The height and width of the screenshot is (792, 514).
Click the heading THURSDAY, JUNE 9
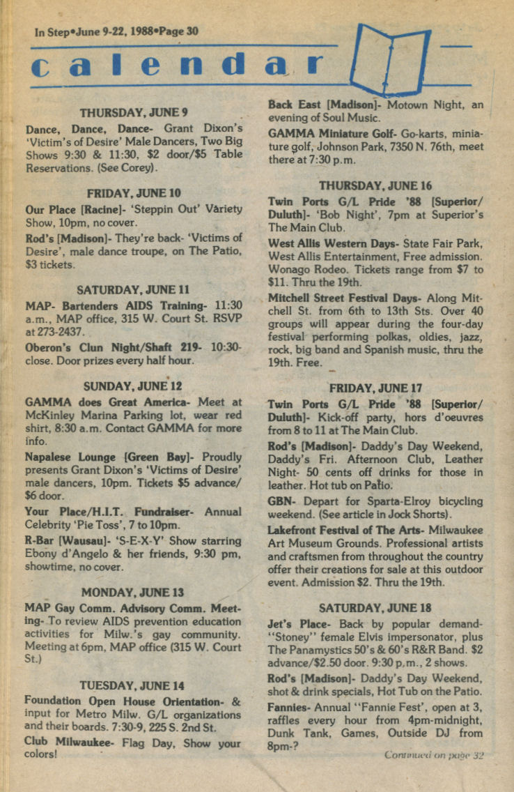[x=134, y=112]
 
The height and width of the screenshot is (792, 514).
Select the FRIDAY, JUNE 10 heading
[x=134, y=193]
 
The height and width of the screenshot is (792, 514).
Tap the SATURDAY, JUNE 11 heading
[x=134, y=289]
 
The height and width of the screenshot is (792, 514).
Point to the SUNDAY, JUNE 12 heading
[x=133, y=386]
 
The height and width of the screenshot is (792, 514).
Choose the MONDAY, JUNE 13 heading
[x=134, y=592]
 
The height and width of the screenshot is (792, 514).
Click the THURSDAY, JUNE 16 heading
[x=375, y=185]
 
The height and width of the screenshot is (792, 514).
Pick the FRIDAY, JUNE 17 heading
[x=375, y=388]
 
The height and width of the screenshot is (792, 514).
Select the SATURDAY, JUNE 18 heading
[x=375, y=607]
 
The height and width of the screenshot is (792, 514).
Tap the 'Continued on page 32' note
[x=433, y=755]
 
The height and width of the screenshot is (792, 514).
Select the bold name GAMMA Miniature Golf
[x=327, y=132]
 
